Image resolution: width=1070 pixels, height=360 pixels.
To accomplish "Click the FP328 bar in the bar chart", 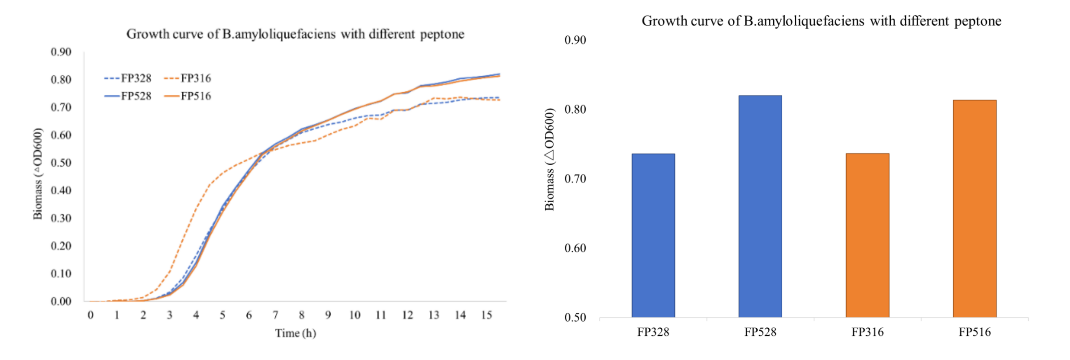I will point(653,236).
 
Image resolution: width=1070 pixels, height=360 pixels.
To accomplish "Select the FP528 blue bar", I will point(760,206).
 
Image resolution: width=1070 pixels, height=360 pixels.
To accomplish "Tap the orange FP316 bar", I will point(867,236).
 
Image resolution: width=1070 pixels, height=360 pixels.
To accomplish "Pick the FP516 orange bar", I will point(974,208).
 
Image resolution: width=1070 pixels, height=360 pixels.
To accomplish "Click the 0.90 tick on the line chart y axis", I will point(61,52).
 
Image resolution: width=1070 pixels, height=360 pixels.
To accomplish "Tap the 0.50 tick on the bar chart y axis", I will point(575,317).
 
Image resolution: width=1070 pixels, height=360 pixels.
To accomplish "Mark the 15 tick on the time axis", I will point(486,315).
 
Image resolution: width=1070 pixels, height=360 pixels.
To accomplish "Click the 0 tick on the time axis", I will point(91,315).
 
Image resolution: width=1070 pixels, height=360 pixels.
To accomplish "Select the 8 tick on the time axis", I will point(302,315).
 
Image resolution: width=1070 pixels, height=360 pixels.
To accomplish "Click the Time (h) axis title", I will point(296,333).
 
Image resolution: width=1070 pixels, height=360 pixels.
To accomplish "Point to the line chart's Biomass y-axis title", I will point(38,173).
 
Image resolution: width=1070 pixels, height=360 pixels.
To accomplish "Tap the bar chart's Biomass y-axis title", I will point(549,159).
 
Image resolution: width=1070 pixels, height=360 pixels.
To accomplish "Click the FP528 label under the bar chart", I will point(760,332).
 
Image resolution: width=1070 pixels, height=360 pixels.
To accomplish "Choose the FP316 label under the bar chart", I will point(867,332).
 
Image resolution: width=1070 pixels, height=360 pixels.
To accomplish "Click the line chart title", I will point(296,34).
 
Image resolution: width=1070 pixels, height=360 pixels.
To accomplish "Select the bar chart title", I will point(821,21).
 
